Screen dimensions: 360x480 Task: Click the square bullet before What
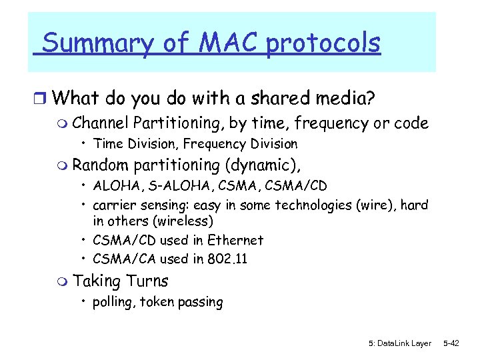[41, 99]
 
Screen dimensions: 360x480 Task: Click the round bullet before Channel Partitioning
[63, 124]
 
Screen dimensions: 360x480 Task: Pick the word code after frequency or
[411, 123]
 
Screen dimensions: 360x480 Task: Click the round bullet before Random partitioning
[63, 165]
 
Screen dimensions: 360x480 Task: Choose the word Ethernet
[236, 240]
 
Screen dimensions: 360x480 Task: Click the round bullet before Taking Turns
[63, 281]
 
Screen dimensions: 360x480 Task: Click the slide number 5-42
[451, 343]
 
